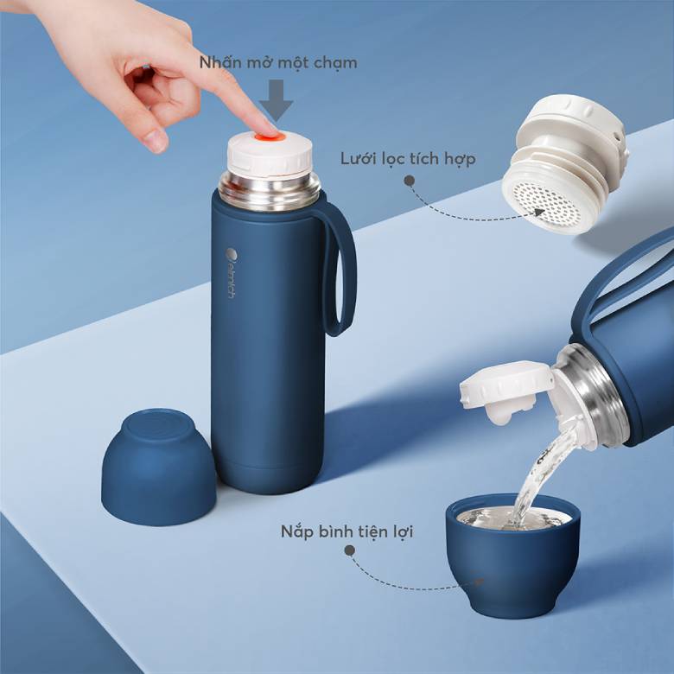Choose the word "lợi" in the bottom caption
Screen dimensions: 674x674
(x=398, y=531)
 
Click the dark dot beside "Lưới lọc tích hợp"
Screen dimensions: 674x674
(x=410, y=181)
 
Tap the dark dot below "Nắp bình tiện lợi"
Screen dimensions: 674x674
(x=350, y=550)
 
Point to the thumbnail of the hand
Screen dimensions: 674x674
(x=156, y=138)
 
